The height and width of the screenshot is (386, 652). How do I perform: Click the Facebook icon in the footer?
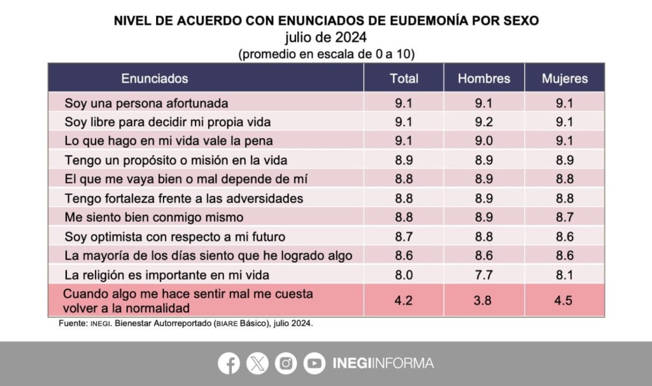(229, 363)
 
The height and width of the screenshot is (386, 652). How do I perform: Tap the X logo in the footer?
(257, 363)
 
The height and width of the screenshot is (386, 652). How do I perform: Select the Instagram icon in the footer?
(286, 363)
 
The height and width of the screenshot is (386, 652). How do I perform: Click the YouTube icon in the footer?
(314, 363)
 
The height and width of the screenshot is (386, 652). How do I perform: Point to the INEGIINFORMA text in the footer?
(383, 363)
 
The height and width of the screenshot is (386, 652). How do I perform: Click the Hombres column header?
(484, 79)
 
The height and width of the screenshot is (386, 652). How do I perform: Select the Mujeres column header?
(565, 79)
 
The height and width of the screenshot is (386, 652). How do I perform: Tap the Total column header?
(404, 79)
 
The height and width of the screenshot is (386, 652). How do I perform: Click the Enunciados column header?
(155, 79)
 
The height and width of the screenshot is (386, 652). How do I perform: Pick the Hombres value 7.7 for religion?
(484, 275)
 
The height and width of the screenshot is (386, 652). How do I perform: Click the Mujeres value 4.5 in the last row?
(565, 300)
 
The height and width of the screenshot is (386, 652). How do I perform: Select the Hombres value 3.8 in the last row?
(484, 300)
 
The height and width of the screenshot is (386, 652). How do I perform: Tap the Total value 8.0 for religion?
(404, 275)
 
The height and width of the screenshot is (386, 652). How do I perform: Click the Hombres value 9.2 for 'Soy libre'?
(484, 121)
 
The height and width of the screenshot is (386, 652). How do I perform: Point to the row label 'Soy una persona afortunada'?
(146, 103)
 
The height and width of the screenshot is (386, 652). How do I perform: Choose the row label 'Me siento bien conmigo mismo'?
(153, 217)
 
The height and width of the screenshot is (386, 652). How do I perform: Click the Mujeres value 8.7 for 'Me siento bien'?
(565, 217)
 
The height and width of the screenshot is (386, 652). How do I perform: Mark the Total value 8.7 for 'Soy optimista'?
(404, 237)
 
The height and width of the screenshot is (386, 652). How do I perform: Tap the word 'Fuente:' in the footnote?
(64, 324)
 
